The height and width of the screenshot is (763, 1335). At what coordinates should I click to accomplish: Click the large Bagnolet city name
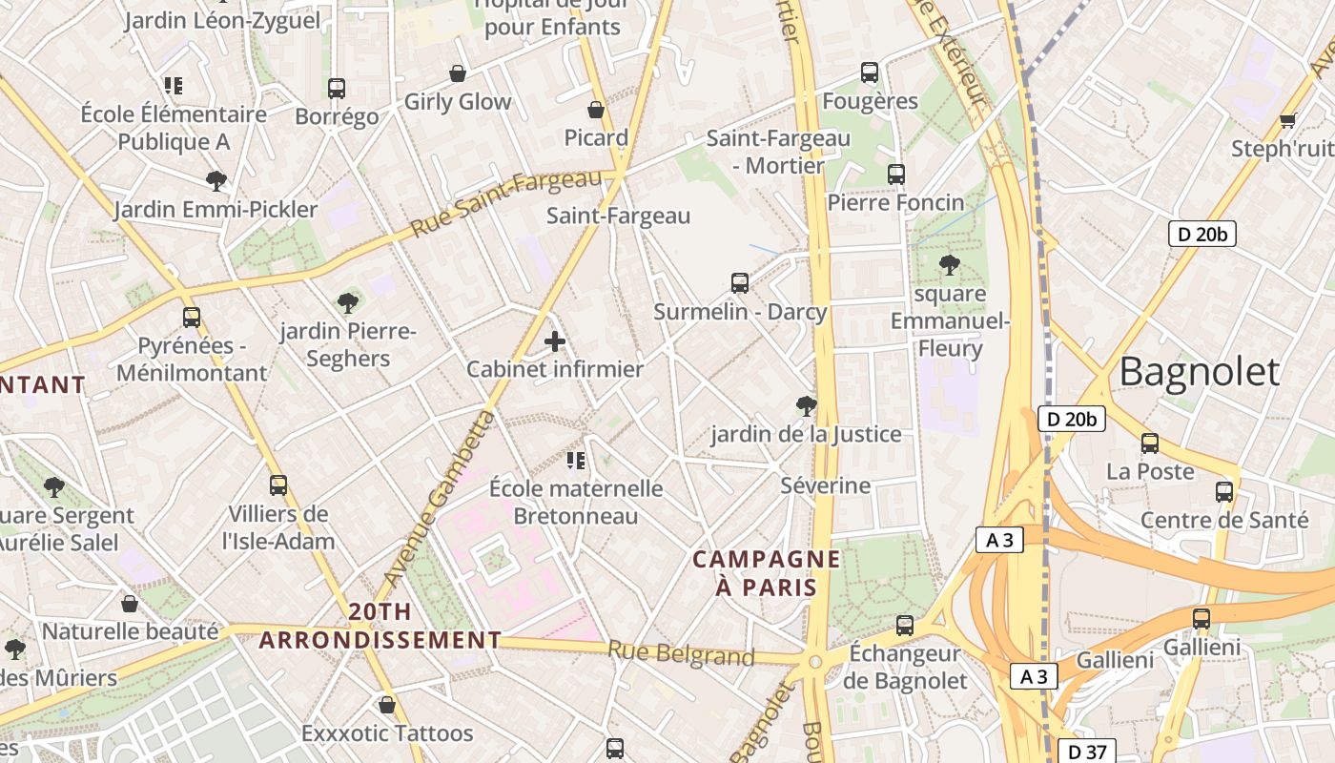1199,372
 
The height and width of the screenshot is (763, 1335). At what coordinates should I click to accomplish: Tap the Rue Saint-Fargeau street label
507,203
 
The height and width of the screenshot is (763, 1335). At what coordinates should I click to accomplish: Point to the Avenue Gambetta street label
439,498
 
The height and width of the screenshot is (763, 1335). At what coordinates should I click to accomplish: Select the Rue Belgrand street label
681,654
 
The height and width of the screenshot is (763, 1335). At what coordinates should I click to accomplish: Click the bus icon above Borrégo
337,89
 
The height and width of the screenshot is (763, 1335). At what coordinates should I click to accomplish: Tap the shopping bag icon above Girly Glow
458,73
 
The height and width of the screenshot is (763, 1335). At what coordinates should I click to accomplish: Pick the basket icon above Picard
596,110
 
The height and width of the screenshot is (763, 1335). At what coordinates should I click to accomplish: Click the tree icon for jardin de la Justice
806,406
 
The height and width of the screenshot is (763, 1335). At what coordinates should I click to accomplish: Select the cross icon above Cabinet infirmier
555,340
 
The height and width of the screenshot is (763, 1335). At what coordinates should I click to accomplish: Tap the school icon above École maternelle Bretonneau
576,462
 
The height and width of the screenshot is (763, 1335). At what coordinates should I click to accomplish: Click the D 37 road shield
1087,751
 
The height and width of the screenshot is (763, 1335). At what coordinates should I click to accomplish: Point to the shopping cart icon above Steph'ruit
1287,120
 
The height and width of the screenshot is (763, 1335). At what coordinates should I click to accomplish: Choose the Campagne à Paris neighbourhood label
767,572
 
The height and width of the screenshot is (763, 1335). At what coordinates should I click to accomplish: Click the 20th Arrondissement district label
380,626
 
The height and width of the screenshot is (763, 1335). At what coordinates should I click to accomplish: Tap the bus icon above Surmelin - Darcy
740,283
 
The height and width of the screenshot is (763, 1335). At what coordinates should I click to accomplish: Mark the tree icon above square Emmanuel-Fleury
949,264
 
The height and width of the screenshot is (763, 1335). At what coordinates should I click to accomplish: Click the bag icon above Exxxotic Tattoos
387,705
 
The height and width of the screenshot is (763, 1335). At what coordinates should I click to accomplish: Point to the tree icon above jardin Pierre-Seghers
348,303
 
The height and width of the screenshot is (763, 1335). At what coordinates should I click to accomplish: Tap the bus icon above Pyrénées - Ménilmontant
192,318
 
